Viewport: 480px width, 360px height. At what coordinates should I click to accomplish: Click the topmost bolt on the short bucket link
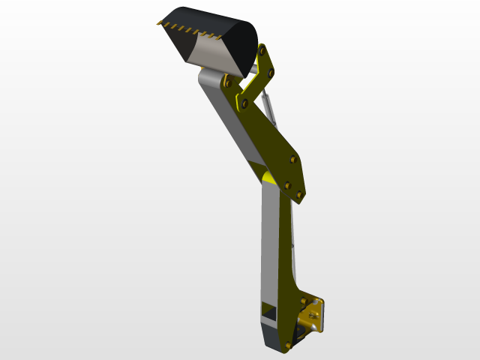(262, 50)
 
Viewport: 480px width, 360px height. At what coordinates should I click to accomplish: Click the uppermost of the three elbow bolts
(292, 159)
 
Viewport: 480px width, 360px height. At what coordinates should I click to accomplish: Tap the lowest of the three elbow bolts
(299, 195)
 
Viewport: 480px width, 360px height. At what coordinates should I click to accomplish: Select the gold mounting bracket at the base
(314, 314)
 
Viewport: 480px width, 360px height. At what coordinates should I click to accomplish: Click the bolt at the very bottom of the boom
(288, 345)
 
